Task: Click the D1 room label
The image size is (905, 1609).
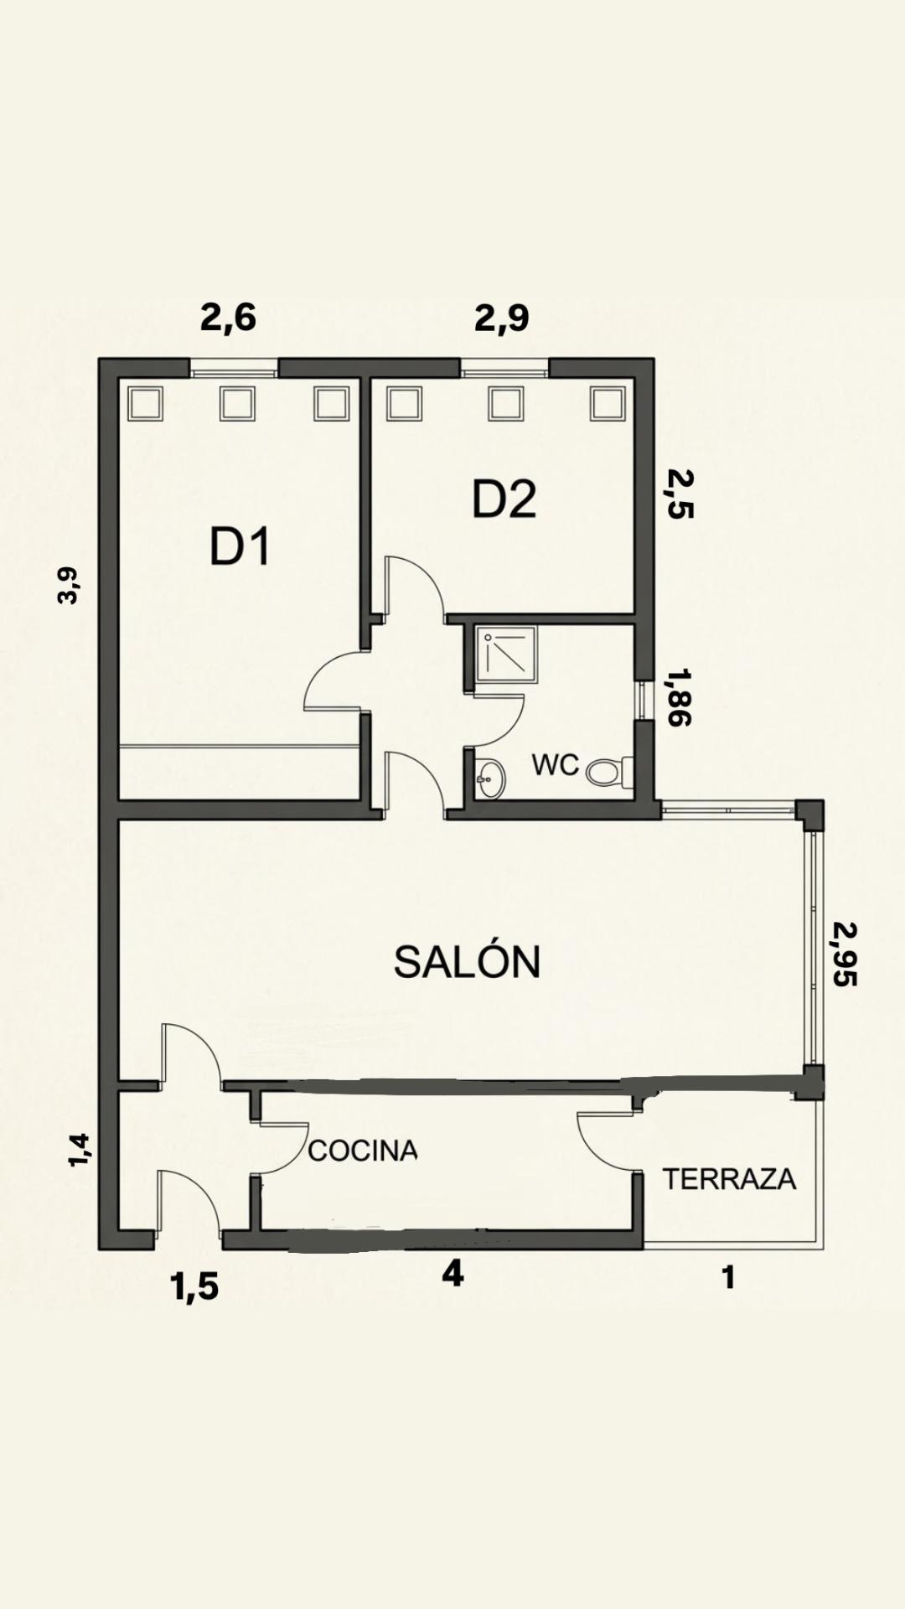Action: click(240, 548)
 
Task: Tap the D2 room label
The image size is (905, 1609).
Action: click(504, 499)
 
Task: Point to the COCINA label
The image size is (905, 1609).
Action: click(362, 1151)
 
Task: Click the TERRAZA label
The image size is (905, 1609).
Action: click(729, 1179)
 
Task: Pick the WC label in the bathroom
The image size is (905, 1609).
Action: click(555, 764)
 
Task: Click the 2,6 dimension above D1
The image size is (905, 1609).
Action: click(228, 318)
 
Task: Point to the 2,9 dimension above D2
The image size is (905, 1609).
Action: click(501, 318)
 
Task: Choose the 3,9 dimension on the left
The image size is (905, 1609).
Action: click(68, 585)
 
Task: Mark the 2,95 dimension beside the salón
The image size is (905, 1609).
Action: click(845, 954)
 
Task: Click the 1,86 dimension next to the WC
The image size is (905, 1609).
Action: click(678, 696)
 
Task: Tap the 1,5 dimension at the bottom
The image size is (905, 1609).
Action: click(194, 1286)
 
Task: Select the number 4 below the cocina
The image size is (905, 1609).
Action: click(452, 1274)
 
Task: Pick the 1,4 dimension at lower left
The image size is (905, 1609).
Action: click(79, 1149)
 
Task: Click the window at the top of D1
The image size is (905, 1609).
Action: click(234, 368)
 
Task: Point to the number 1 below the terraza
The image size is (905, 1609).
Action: click(729, 1277)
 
